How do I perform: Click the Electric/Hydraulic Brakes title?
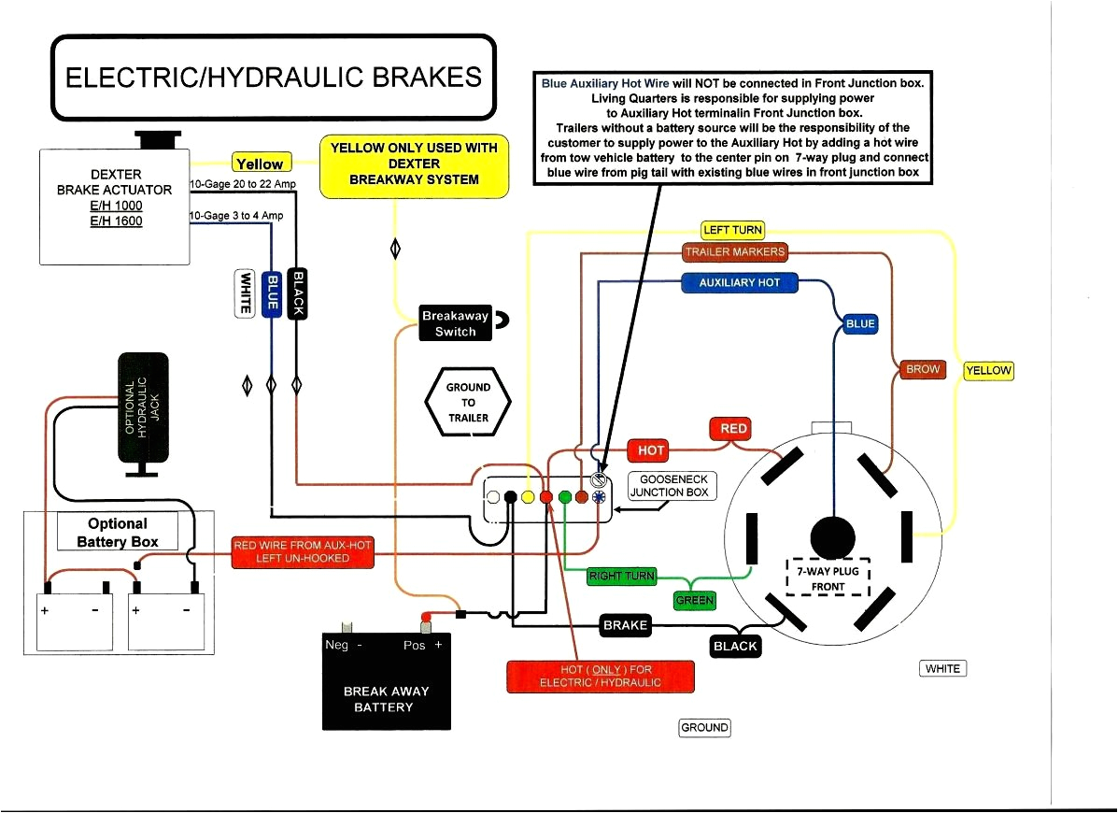(273, 77)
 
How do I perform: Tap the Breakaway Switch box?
(455, 323)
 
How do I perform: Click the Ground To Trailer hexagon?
(468, 402)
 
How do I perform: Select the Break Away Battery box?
(386, 681)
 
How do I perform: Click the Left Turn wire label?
(732, 230)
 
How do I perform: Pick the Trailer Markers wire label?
(734, 252)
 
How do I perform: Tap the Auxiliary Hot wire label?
(739, 282)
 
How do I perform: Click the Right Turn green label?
(621, 576)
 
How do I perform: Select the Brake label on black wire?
(625, 625)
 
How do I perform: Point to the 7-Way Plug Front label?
(828, 578)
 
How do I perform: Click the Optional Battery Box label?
(118, 533)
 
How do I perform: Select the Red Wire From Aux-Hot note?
(302, 552)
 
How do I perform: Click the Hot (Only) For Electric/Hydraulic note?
(600, 677)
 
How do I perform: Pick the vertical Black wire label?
(298, 293)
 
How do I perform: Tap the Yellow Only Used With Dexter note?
(414, 165)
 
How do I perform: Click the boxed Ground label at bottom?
(704, 728)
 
